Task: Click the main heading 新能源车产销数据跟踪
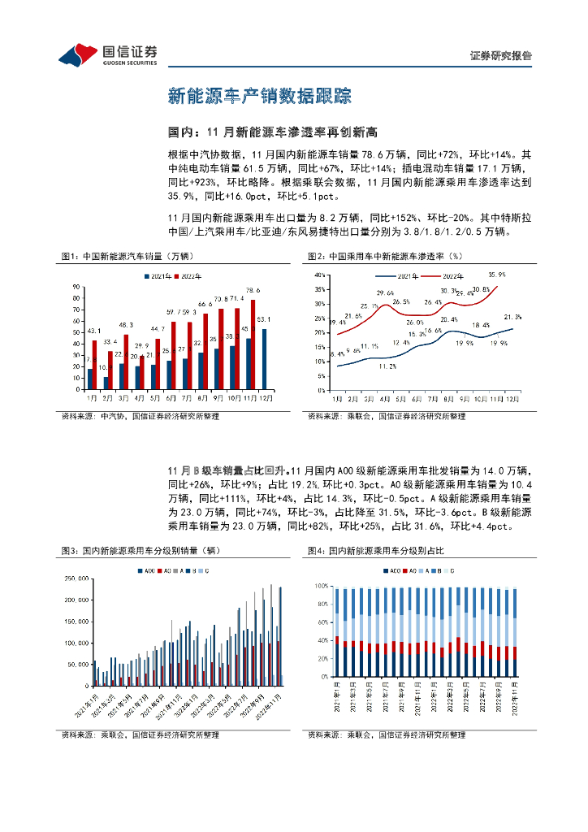click(x=259, y=96)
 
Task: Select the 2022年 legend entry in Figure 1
click(x=188, y=277)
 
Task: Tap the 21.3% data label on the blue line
click(x=512, y=317)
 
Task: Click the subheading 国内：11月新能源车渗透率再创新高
click(x=274, y=132)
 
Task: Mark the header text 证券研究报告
click(x=501, y=56)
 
